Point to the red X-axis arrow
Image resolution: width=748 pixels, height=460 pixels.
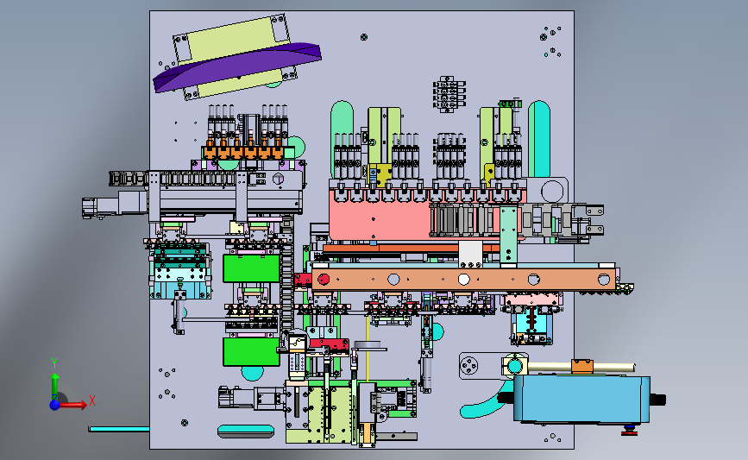click(x=72, y=405)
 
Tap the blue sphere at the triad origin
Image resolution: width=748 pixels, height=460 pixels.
click(x=55, y=405)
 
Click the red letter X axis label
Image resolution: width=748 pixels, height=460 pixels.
click(x=92, y=400)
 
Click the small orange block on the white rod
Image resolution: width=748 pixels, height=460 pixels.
click(x=582, y=366)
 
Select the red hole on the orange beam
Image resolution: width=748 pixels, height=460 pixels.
click(x=324, y=279)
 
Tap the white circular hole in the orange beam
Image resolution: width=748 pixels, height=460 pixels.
click(x=463, y=279)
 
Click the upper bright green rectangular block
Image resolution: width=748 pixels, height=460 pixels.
click(x=251, y=268)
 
